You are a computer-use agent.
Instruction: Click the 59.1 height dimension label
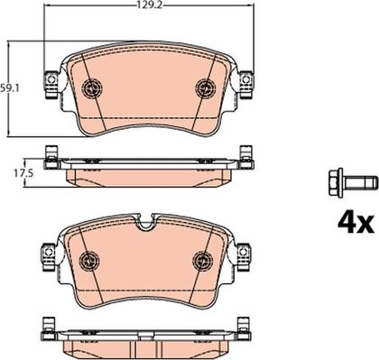click(x=10, y=89)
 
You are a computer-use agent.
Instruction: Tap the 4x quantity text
click(x=356, y=224)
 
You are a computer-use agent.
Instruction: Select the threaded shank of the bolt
click(x=360, y=182)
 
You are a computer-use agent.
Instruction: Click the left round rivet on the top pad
click(x=92, y=88)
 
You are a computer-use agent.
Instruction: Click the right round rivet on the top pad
click(x=206, y=88)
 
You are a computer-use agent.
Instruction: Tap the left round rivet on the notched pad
click(x=89, y=261)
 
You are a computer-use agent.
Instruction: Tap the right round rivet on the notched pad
click(x=203, y=261)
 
